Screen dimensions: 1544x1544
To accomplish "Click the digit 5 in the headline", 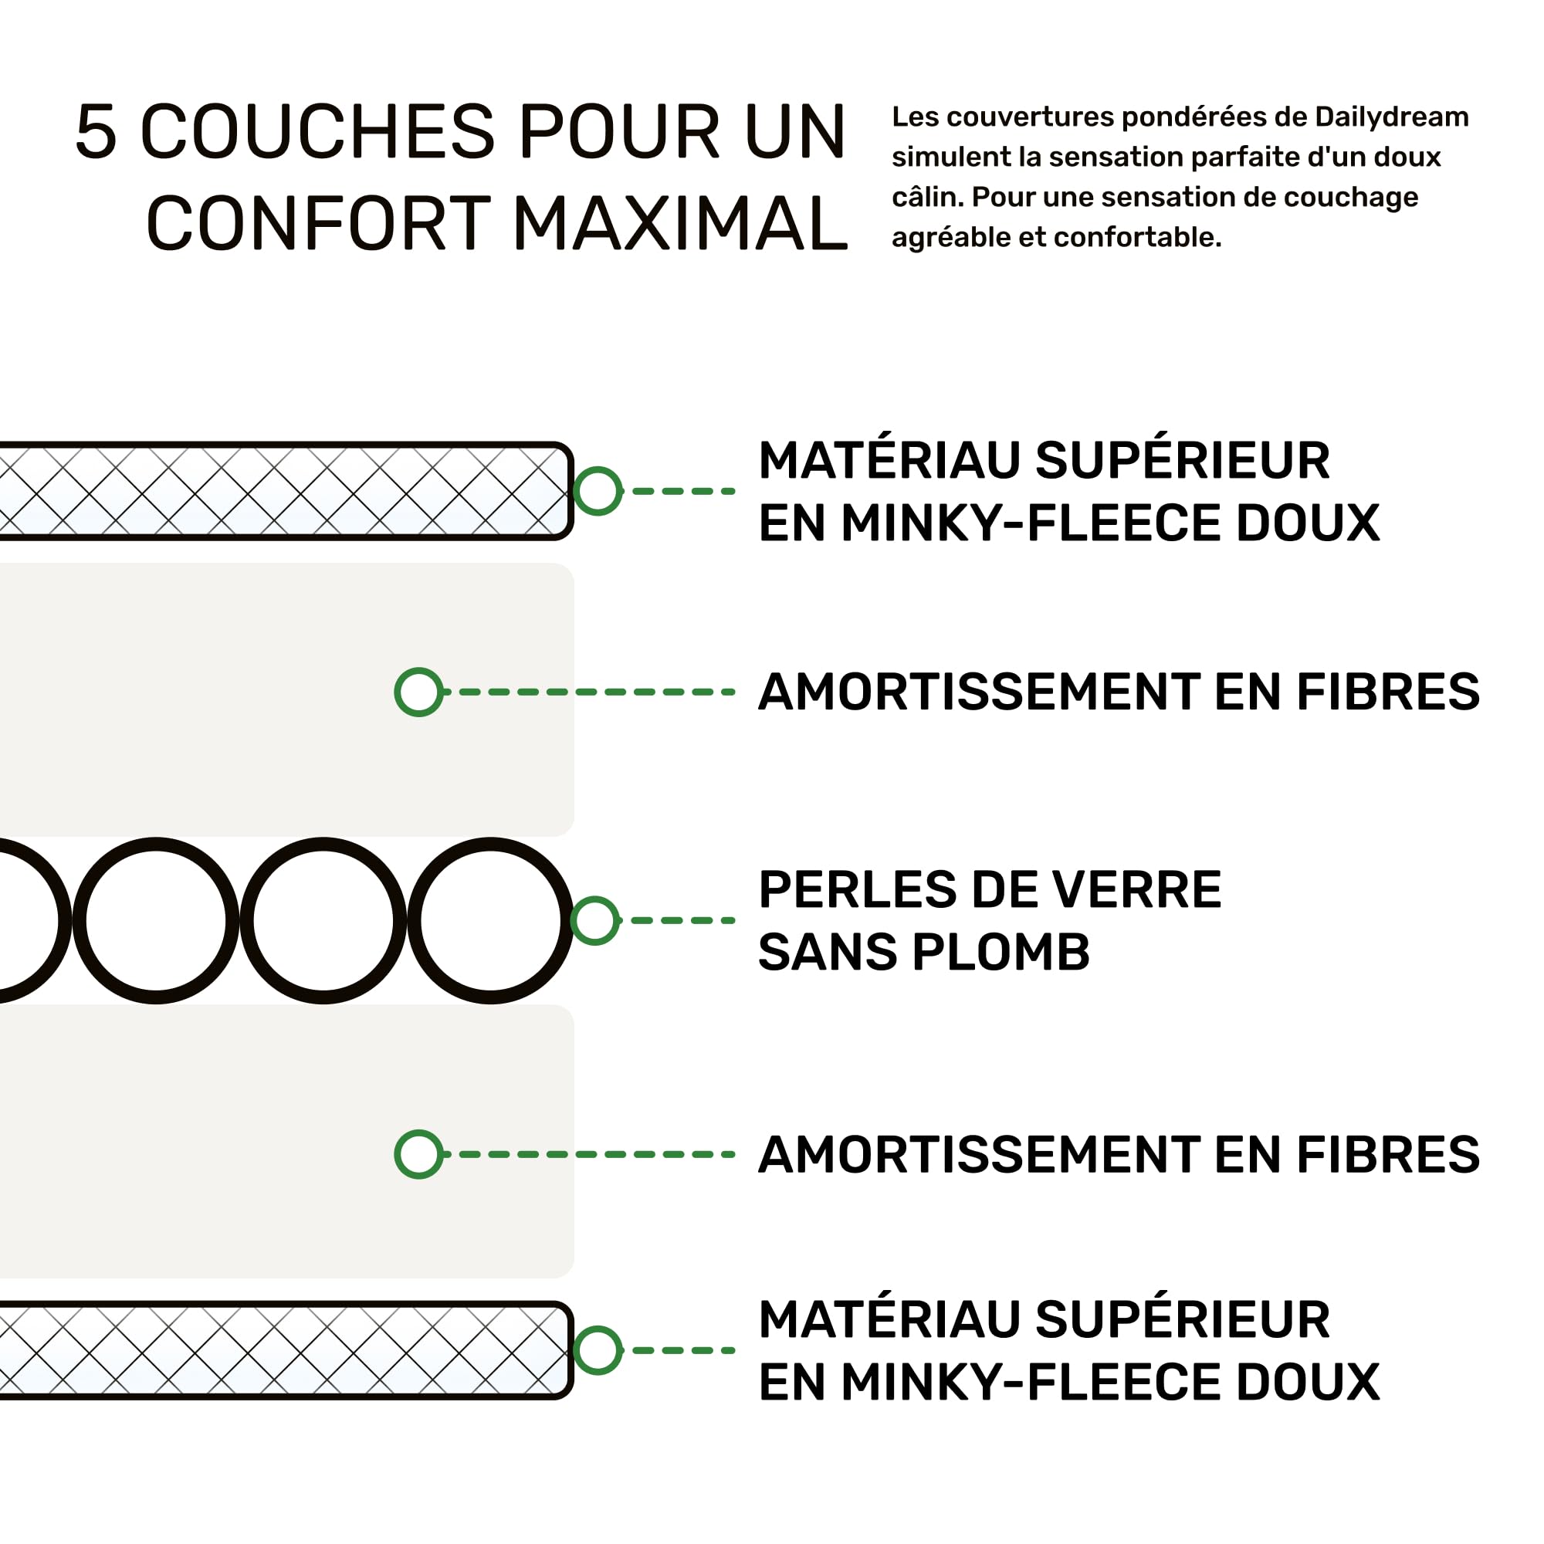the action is click(96, 132).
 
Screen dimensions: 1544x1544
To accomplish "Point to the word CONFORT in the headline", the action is click(318, 224).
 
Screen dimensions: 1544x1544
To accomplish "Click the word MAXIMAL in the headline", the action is click(680, 224).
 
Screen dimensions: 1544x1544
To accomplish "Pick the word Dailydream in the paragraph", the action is click(1391, 117).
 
